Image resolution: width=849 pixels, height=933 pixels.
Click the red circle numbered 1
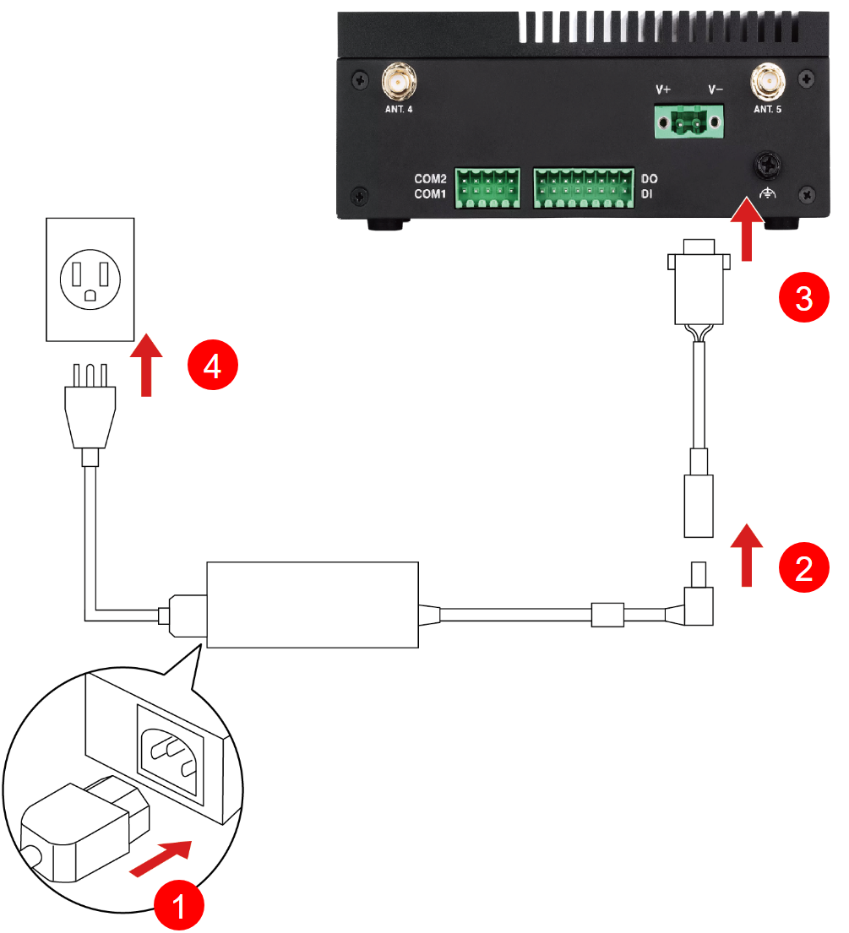[x=178, y=907]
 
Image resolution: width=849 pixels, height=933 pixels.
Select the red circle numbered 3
[x=802, y=297]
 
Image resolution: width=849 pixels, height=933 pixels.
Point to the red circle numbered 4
[x=212, y=366]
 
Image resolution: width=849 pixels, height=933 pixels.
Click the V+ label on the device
[x=663, y=89]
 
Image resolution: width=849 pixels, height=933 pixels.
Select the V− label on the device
[x=716, y=89]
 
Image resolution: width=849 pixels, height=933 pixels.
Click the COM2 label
[x=429, y=180]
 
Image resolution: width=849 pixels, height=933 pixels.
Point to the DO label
[x=650, y=180]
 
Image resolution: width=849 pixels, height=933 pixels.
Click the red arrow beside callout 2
[x=746, y=553]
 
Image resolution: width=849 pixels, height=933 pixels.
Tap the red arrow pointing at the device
[x=745, y=229]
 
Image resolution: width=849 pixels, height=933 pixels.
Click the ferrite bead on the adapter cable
[x=607, y=614]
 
